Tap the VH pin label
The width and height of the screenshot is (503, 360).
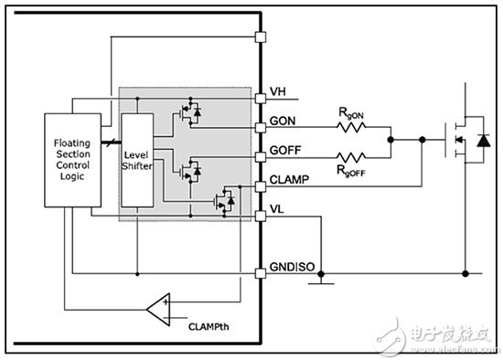(279, 92)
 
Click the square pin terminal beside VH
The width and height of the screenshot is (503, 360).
(260, 92)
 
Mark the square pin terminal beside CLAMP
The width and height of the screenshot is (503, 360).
(260, 186)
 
